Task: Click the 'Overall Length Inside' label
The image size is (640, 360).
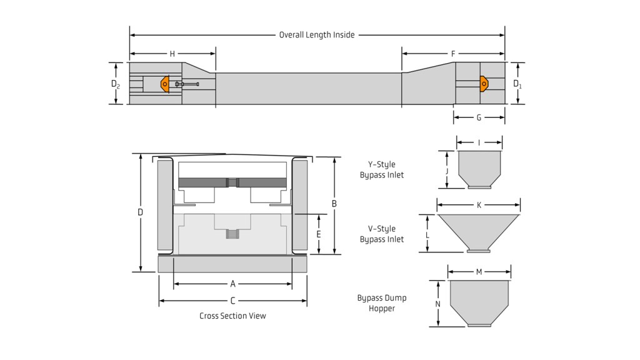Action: [317, 35]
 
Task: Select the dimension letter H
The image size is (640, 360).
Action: [172, 54]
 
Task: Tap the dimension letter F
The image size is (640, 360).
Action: [453, 54]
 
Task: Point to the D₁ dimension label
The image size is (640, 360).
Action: [517, 84]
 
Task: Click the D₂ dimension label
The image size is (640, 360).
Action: [116, 84]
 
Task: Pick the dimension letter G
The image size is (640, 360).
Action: [479, 117]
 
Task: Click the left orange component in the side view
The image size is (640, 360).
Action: [165, 84]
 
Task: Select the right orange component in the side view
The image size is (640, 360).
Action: [484, 83]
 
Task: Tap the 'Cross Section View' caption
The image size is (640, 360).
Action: [232, 316]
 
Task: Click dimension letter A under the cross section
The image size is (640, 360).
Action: [233, 284]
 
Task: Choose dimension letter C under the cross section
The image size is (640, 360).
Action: [233, 301]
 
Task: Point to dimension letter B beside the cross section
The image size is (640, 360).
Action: [334, 204]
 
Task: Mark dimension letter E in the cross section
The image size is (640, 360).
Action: [319, 234]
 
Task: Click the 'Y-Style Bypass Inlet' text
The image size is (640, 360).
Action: [382, 169]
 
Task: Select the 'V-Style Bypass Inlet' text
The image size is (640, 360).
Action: [382, 234]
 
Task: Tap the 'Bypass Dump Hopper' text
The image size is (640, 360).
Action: [382, 303]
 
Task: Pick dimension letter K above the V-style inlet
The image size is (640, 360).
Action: [479, 205]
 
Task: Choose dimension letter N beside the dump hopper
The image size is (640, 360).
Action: [438, 304]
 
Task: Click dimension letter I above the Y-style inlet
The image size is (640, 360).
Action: [479, 143]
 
